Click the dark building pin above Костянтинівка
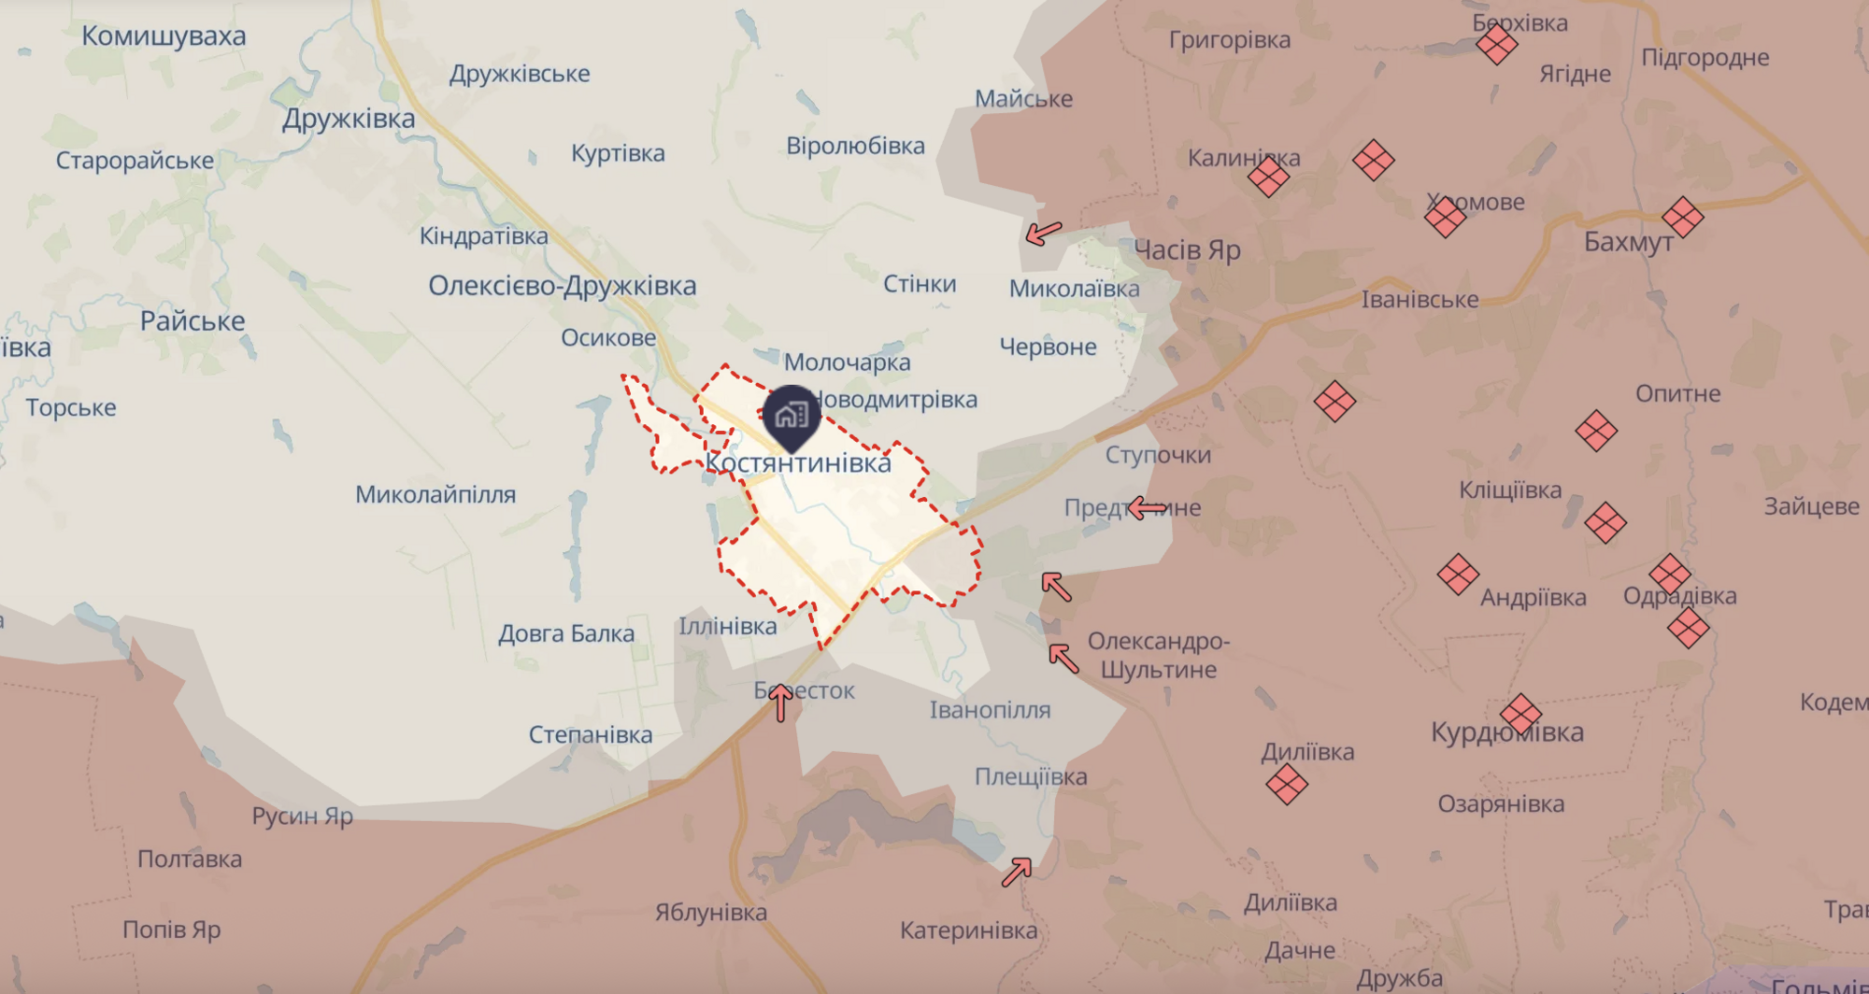(792, 415)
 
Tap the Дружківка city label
(349, 119)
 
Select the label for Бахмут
(1628, 242)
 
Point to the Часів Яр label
(1187, 250)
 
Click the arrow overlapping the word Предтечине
(1148, 508)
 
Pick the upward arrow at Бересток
(780, 703)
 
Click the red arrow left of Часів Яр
(1044, 233)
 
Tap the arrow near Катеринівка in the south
(1016, 872)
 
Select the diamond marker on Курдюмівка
(1520, 715)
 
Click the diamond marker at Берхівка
(1496, 43)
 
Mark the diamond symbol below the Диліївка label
(1287, 784)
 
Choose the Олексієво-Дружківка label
(562, 286)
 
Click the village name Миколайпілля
(435, 494)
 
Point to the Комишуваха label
(164, 36)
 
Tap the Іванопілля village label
(990, 710)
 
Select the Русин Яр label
(303, 816)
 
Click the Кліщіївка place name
(1510, 490)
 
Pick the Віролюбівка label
(855, 146)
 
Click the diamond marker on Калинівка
(1268, 176)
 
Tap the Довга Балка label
(565, 633)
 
